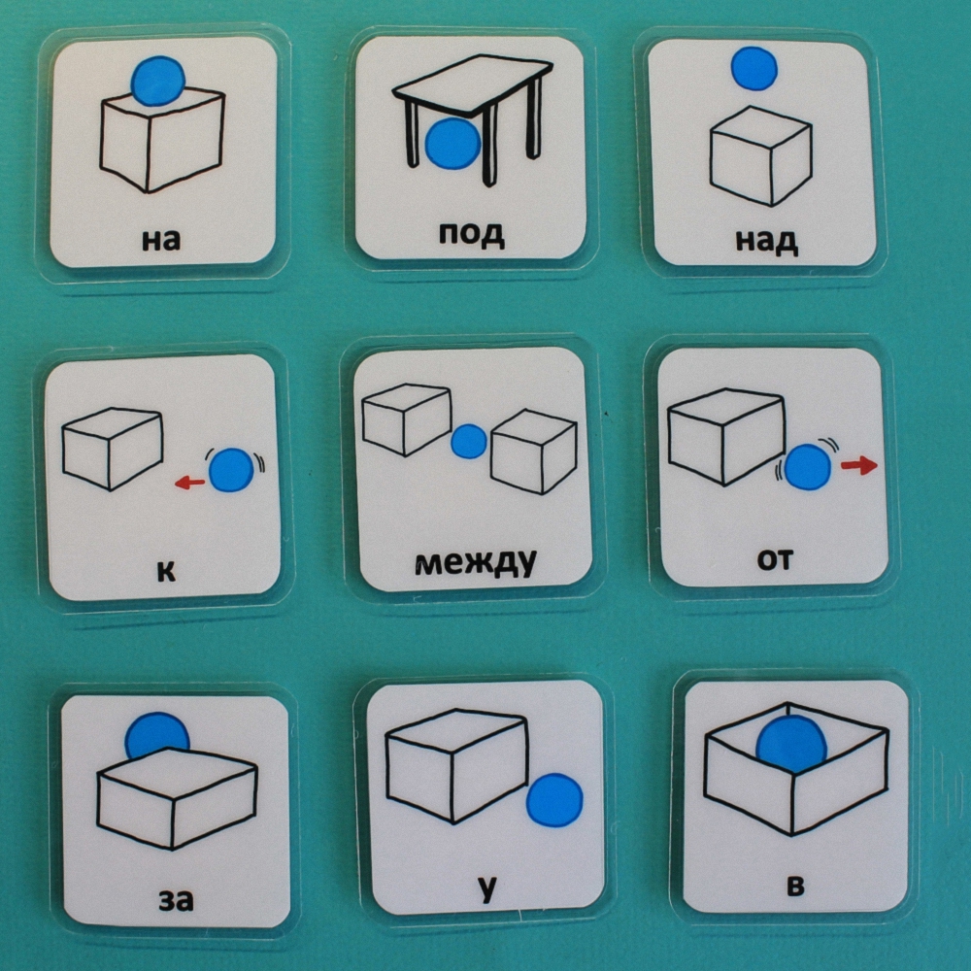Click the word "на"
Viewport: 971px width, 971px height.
coord(161,240)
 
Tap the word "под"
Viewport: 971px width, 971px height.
coord(472,234)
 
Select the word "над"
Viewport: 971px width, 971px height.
coord(767,242)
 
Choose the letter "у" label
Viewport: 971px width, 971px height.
coord(487,888)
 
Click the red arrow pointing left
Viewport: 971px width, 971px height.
coord(189,482)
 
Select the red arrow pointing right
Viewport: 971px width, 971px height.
coord(859,466)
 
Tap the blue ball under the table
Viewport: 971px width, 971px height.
coord(453,144)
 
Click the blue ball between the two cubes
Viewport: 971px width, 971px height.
coord(469,442)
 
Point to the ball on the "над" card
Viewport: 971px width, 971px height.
coord(753,68)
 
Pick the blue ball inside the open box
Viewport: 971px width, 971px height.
coord(791,743)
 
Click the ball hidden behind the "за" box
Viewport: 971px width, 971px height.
coord(156,734)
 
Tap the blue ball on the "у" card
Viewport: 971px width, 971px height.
coord(554,800)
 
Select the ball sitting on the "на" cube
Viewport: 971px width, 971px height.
coord(158,82)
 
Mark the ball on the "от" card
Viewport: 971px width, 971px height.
coord(807,467)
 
